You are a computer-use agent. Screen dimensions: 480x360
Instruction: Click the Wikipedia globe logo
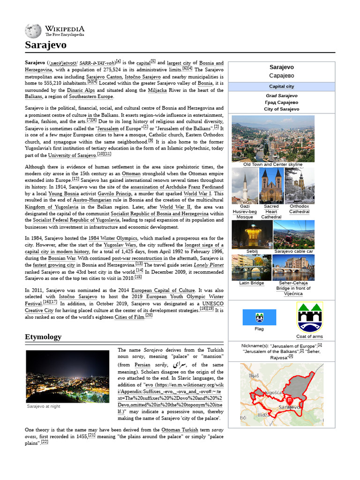click(33, 31)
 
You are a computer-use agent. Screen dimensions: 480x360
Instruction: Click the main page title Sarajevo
click(45, 45)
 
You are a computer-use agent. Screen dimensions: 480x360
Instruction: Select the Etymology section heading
click(43, 337)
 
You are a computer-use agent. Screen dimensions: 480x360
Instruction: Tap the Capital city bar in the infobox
click(281, 86)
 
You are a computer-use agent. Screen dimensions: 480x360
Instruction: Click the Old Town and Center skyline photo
click(273, 138)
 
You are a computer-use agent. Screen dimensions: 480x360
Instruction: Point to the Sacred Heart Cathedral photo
click(271, 186)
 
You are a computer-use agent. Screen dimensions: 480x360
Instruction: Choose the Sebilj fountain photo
click(252, 234)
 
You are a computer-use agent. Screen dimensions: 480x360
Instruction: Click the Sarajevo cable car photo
click(293, 234)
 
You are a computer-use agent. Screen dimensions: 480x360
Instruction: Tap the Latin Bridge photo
click(252, 267)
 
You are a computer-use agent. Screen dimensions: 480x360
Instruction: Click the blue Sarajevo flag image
click(259, 317)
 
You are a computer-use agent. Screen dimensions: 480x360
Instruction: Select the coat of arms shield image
click(309, 317)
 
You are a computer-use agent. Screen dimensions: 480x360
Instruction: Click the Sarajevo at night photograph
click(67, 376)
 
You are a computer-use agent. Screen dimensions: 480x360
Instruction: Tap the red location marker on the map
click(290, 401)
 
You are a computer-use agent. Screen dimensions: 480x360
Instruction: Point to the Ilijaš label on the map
click(255, 375)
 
